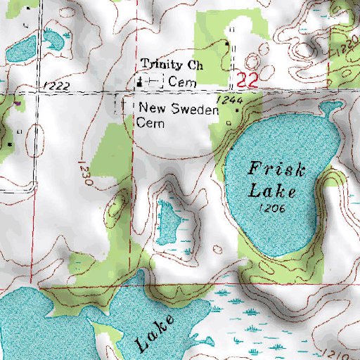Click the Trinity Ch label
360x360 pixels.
[x=172, y=65]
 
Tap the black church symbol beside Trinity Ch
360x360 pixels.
[x=140, y=81]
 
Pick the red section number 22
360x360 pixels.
[x=245, y=80]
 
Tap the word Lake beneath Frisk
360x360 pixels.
[x=275, y=190]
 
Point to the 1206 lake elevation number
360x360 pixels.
[x=270, y=209]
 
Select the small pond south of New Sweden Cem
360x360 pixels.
[x=167, y=220]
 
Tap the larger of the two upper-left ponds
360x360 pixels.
[x=21, y=49]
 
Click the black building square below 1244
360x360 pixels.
[x=237, y=111]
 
